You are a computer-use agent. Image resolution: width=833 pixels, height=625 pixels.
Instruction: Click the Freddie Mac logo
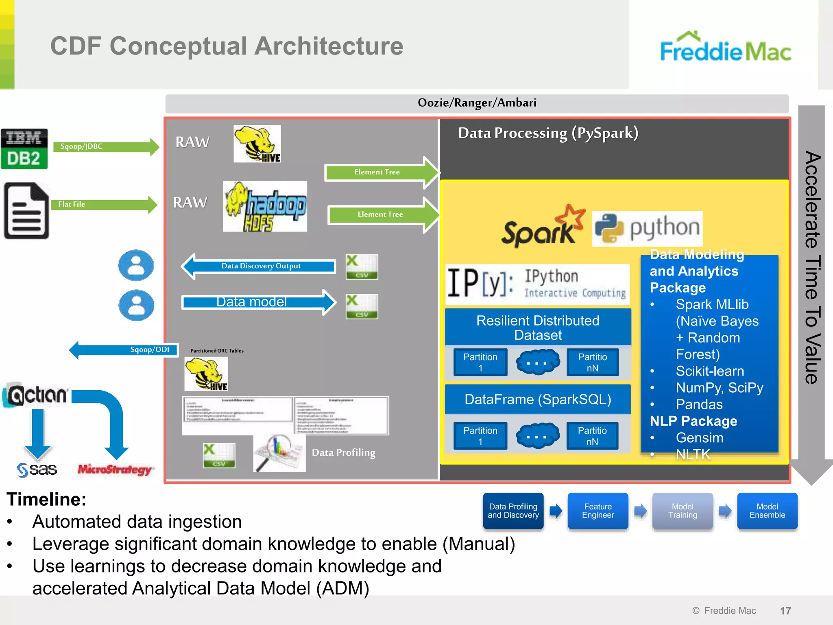point(725,48)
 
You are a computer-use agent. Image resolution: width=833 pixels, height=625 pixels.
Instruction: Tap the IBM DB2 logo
point(24,149)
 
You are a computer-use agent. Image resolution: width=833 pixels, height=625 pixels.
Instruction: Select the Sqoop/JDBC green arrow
point(106,147)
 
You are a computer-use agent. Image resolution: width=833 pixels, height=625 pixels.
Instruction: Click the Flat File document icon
point(26,210)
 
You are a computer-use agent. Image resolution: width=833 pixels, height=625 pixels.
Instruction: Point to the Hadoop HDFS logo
point(265,207)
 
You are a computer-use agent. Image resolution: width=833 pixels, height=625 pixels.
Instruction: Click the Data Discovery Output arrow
point(260,266)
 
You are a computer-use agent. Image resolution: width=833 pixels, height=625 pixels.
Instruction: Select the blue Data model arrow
point(256,302)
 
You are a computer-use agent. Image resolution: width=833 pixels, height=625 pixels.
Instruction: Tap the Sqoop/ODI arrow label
point(149,350)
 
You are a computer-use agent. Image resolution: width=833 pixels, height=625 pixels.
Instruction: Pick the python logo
point(647,228)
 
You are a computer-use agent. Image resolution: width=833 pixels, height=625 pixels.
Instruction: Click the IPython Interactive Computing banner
point(537,284)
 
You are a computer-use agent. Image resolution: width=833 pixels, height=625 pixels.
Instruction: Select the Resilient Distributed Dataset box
point(538,328)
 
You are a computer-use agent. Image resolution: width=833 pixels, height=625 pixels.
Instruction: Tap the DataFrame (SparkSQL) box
point(538,399)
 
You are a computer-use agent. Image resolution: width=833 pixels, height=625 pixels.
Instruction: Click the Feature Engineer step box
point(597,511)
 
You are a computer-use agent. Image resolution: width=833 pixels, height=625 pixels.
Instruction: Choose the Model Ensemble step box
point(767,511)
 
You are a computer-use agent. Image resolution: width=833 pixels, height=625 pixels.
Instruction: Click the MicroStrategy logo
point(115,470)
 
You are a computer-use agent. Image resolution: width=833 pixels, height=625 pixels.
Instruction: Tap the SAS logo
point(37,470)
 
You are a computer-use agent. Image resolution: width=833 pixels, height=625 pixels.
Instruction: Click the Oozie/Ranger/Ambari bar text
point(477,103)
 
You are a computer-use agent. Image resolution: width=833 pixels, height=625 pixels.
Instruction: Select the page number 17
point(785,610)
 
